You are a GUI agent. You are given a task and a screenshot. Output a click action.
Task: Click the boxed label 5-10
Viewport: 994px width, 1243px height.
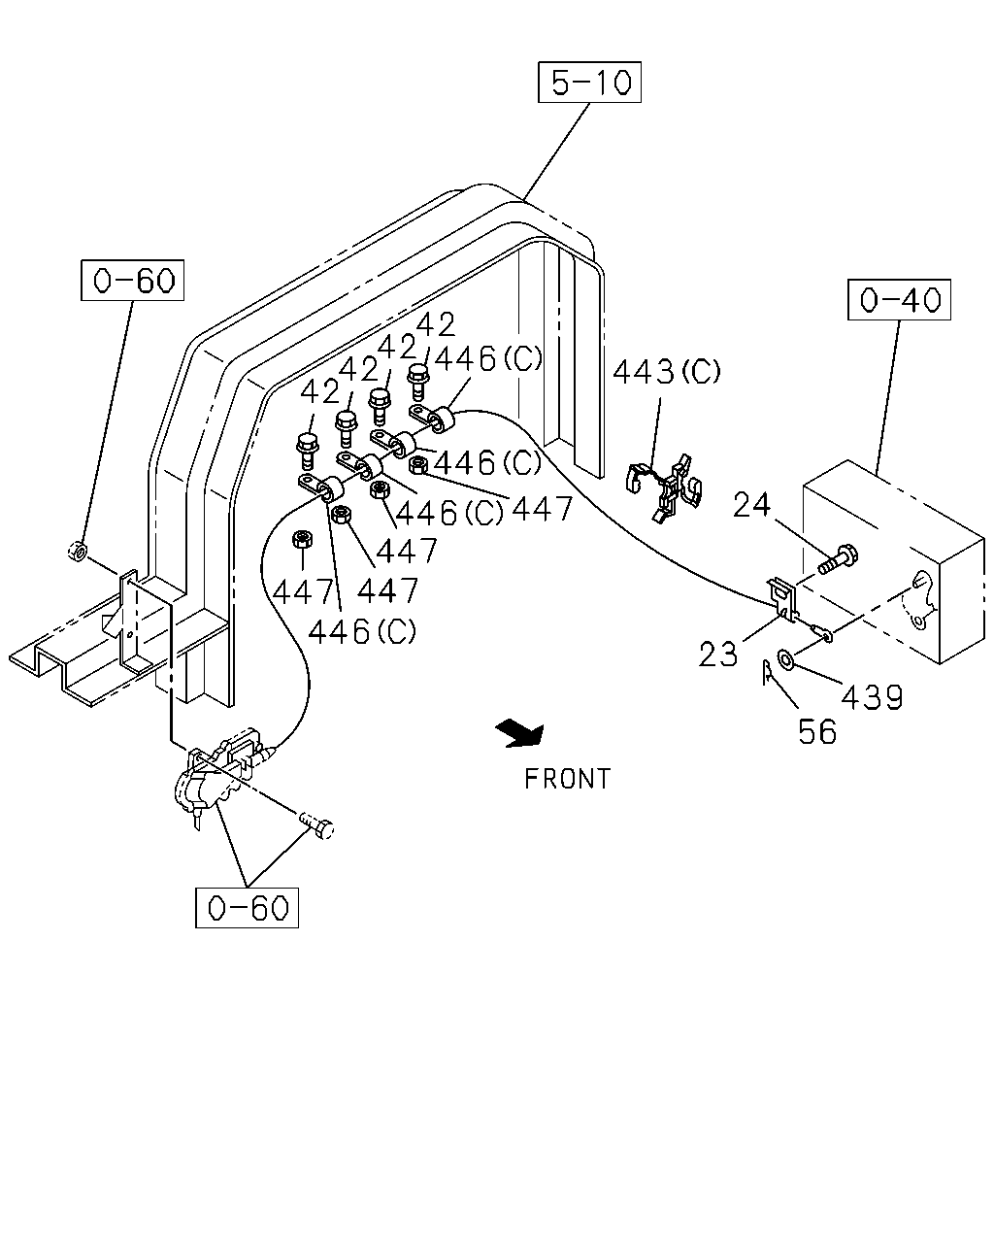click(589, 82)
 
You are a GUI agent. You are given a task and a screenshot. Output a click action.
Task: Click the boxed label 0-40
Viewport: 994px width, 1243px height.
click(899, 300)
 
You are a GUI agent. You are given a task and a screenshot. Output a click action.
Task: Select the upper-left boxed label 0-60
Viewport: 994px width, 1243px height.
click(132, 280)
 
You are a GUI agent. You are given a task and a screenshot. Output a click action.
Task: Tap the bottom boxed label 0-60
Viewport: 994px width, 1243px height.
click(247, 907)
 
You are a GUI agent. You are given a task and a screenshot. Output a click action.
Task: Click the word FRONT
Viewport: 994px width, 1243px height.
click(567, 779)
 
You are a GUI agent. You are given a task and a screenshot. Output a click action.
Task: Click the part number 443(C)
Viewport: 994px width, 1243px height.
click(667, 371)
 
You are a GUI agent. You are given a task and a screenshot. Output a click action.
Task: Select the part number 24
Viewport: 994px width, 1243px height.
click(751, 504)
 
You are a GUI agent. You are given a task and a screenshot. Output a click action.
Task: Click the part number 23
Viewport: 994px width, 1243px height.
click(718, 655)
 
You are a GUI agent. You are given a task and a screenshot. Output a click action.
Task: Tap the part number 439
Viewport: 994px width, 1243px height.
click(872, 697)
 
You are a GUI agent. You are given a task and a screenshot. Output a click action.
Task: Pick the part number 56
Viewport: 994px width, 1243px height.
click(817, 732)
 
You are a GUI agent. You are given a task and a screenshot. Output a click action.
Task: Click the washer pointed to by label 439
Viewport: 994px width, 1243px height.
click(785, 657)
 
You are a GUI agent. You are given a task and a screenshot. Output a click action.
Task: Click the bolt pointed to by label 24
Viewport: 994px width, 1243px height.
click(838, 559)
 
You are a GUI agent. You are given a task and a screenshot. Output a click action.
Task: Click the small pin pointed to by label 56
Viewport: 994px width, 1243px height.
click(768, 672)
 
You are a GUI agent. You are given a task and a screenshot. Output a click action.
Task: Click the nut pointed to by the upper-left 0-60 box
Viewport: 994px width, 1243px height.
click(78, 551)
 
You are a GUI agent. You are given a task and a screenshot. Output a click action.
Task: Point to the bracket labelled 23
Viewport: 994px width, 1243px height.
click(781, 598)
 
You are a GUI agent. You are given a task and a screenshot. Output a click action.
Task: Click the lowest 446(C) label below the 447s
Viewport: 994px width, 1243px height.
click(362, 632)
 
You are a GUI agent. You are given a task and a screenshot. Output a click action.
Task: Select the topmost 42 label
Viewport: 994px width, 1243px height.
click(436, 324)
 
